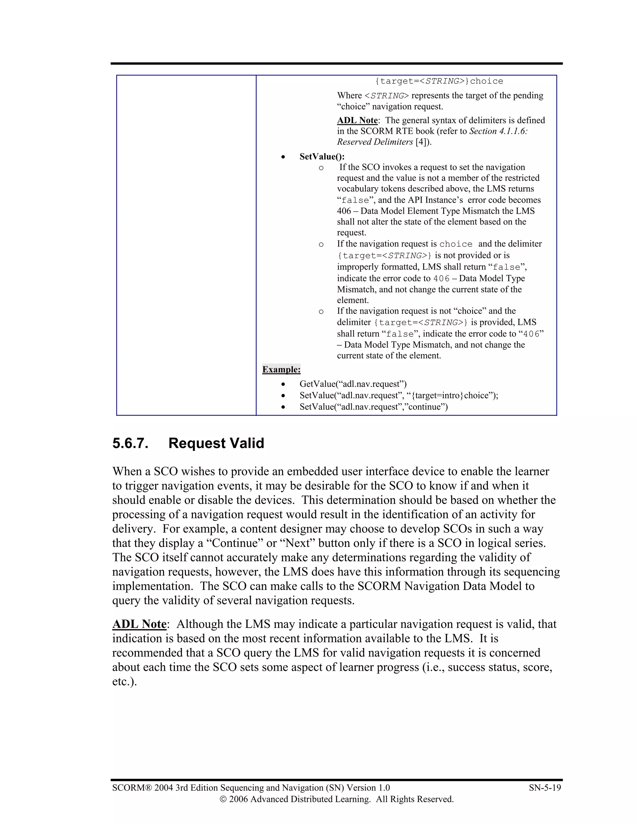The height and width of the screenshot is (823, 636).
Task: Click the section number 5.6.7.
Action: (130, 443)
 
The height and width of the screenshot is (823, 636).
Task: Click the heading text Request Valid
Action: (216, 443)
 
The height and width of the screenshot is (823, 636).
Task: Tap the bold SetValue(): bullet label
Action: (322, 157)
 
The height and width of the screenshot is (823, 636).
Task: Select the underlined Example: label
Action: (281, 369)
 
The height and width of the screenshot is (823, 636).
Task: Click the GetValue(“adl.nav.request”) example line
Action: (353, 384)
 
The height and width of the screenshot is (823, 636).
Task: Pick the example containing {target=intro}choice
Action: (399, 395)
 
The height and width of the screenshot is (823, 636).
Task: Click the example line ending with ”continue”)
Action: (373, 407)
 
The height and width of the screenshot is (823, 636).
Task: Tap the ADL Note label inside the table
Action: (357, 120)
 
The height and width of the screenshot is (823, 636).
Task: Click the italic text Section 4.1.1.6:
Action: (498, 131)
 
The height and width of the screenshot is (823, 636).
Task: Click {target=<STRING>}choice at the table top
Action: (439, 81)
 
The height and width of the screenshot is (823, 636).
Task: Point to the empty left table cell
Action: (186, 245)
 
